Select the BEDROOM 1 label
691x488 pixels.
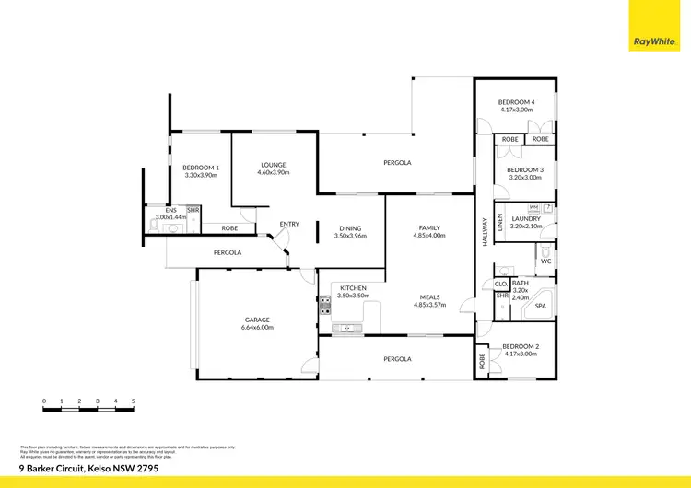pos(200,167)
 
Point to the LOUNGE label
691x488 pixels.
pos(273,165)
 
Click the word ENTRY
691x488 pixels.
pos(289,224)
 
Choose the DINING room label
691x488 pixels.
pos(350,228)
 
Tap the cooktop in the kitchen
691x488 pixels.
pos(325,306)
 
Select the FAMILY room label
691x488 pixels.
pos(429,227)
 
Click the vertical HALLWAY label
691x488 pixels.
pos(483,229)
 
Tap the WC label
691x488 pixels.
pos(545,261)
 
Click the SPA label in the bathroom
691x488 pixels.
pos(541,306)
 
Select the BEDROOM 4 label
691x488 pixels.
pos(517,102)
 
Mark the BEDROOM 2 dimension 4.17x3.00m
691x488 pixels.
pos(520,354)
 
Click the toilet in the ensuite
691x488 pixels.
pos(172,227)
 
